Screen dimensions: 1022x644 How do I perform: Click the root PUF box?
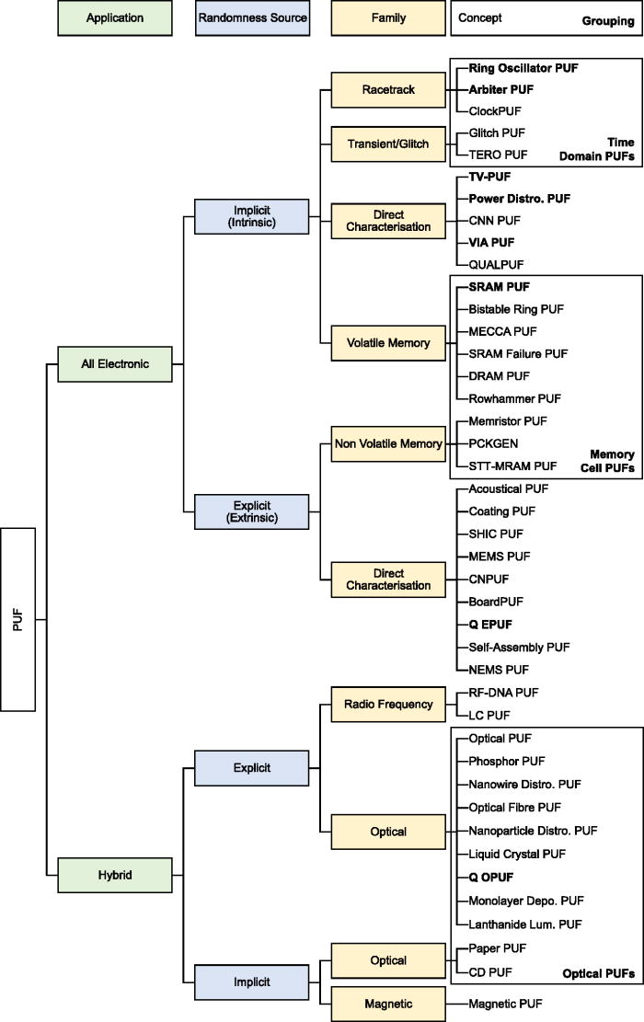pyautogui.click(x=18, y=619)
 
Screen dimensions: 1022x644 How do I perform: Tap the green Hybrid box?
pyautogui.click(x=115, y=876)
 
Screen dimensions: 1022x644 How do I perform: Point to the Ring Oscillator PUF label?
pyautogui.click(x=523, y=68)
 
